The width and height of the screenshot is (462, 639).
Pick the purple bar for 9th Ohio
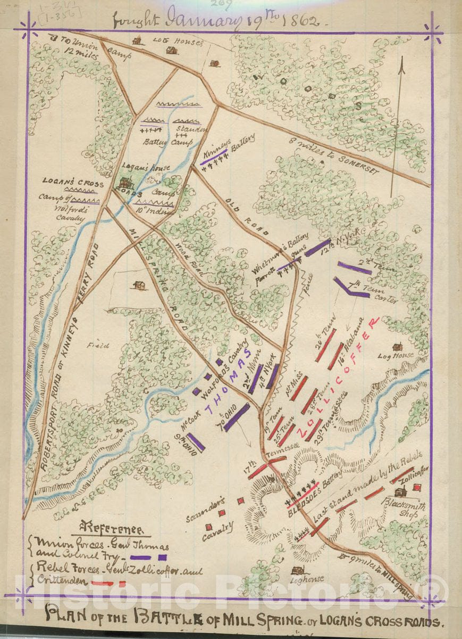(x=195, y=442)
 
